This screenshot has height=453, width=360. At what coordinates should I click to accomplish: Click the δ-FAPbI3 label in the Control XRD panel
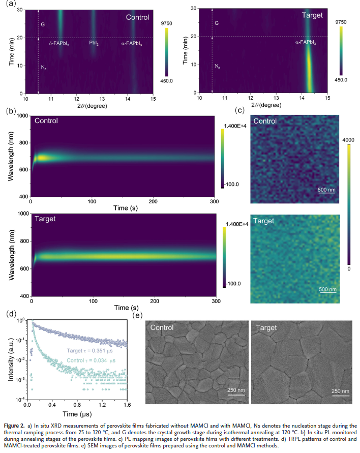tap(59, 44)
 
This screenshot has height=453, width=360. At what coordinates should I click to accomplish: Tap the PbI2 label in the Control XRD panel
tap(94, 44)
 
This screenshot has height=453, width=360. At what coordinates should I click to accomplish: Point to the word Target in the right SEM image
tap(266, 328)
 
